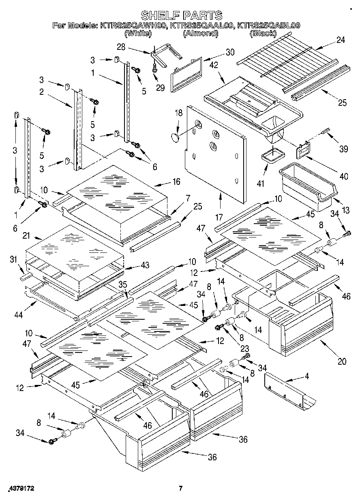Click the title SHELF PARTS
tap(181, 15)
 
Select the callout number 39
tap(343, 149)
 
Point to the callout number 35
tap(123, 284)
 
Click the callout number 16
tap(176, 182)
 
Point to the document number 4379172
tap(18, 489)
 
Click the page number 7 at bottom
tap(181, 489)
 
